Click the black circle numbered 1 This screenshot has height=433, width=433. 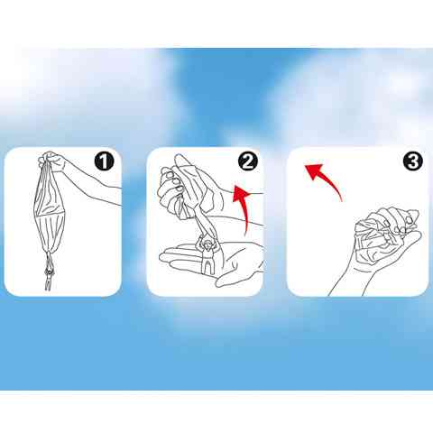104,161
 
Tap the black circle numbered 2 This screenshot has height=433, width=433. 248,161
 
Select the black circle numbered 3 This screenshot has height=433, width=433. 412,161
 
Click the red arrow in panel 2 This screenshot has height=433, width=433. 245,207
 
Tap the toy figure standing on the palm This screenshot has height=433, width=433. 207,252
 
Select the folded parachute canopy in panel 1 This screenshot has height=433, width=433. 50,210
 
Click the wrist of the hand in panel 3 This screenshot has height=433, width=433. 352,280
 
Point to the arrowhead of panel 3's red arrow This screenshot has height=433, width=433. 314,170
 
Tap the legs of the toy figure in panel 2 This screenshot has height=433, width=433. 207,266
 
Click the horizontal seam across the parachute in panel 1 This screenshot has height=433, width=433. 50,214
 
